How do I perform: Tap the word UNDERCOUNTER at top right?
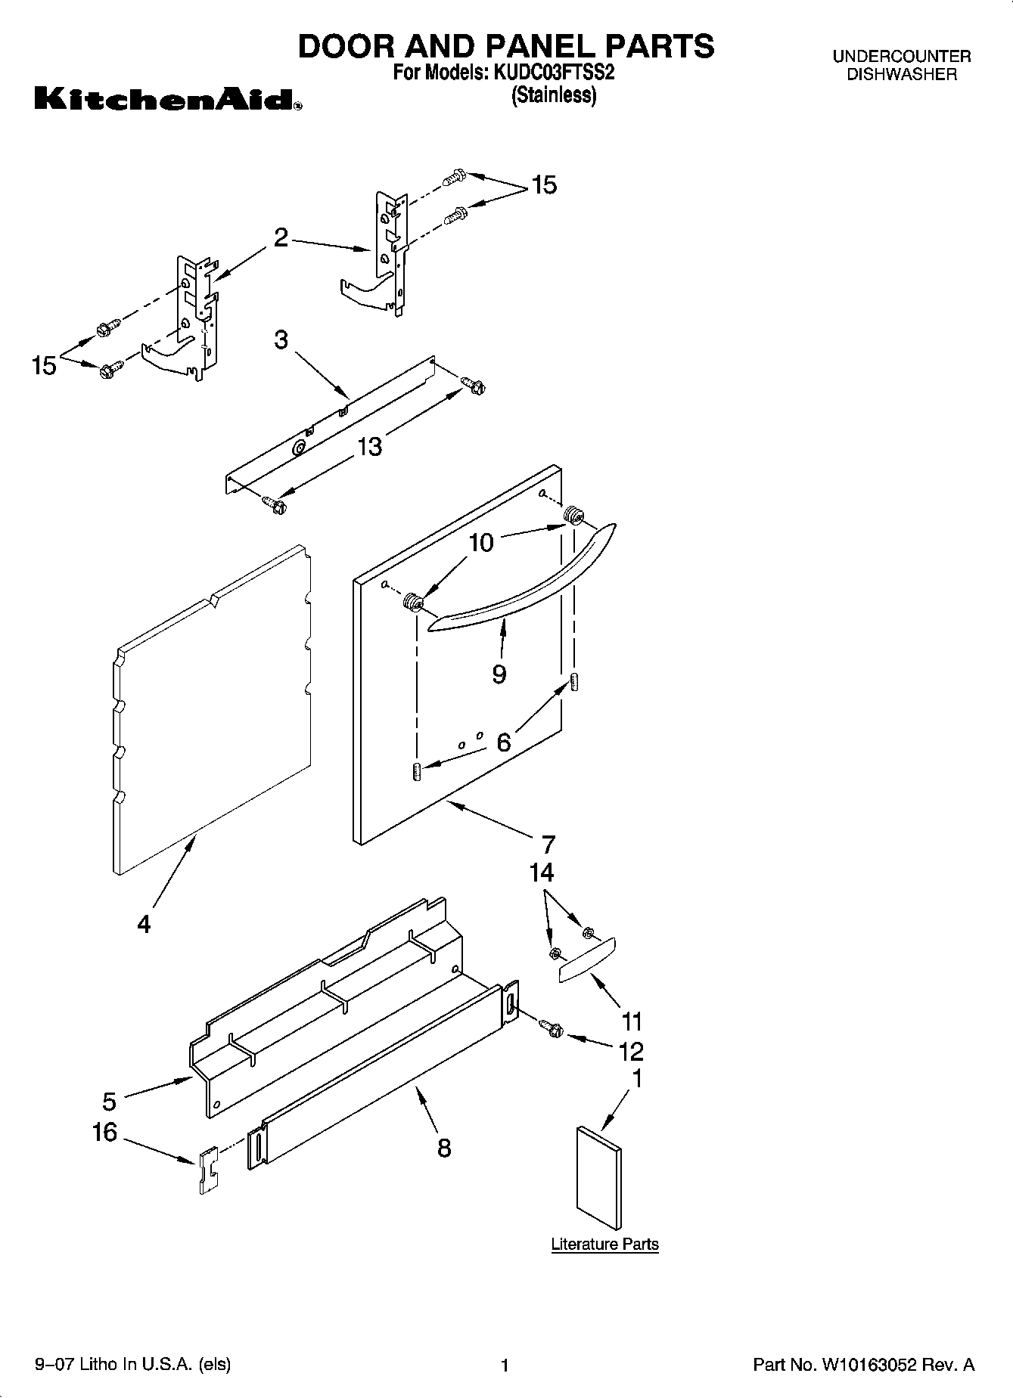(x=901, y=56)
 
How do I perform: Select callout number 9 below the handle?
(x=499, y=674)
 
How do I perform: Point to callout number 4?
(x=144, y=923)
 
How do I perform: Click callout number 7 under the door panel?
(x=548, y=844)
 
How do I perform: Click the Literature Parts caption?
(x=604, y=1244)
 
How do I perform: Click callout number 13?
(x=369, y=447)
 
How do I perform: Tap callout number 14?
(x=542, y=873)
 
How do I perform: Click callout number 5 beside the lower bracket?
(x=110, y=1102)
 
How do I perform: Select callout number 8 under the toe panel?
(x=444, y=1148)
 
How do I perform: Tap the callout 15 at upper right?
(x=544, y=184)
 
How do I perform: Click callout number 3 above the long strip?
(x=281, y=339)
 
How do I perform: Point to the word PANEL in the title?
(x=545, y=46)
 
